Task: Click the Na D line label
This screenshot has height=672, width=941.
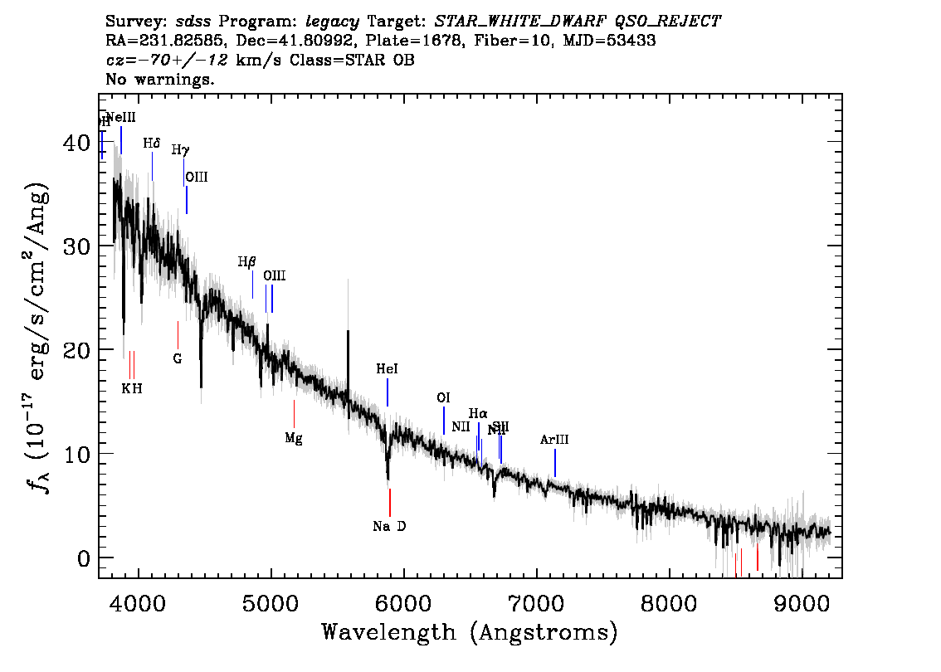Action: click(389, 526)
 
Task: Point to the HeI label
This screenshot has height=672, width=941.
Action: click(387, 369)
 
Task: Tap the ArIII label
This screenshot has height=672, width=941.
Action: click(554, 440)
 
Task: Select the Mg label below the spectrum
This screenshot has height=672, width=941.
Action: click(294, 438)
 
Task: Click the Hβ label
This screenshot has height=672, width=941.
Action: click(246, 262)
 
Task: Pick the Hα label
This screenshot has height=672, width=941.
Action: click(478, 413)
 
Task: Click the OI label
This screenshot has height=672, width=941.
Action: click(443, 397)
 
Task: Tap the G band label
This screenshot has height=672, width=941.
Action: click(178, 358)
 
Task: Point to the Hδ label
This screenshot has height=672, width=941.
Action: click(151, 144)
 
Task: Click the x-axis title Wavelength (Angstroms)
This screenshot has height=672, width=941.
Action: click(470, 632)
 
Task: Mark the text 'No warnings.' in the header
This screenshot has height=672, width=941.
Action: click(160, 80)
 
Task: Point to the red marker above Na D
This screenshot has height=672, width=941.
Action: click(389, 502)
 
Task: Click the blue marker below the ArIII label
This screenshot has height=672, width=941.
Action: click(555, 463)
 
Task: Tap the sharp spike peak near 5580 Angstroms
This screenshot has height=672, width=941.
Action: click(348, 332)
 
